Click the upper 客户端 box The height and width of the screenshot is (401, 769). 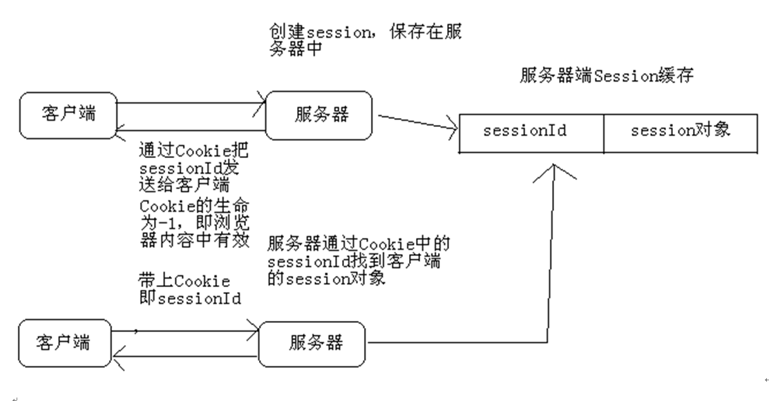tap(68, 114)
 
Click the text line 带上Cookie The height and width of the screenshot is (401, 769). tap(183, 281)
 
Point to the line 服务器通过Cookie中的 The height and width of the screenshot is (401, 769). tap(359, 244)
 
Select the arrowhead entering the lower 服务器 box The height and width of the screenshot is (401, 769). tap(254, 331)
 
